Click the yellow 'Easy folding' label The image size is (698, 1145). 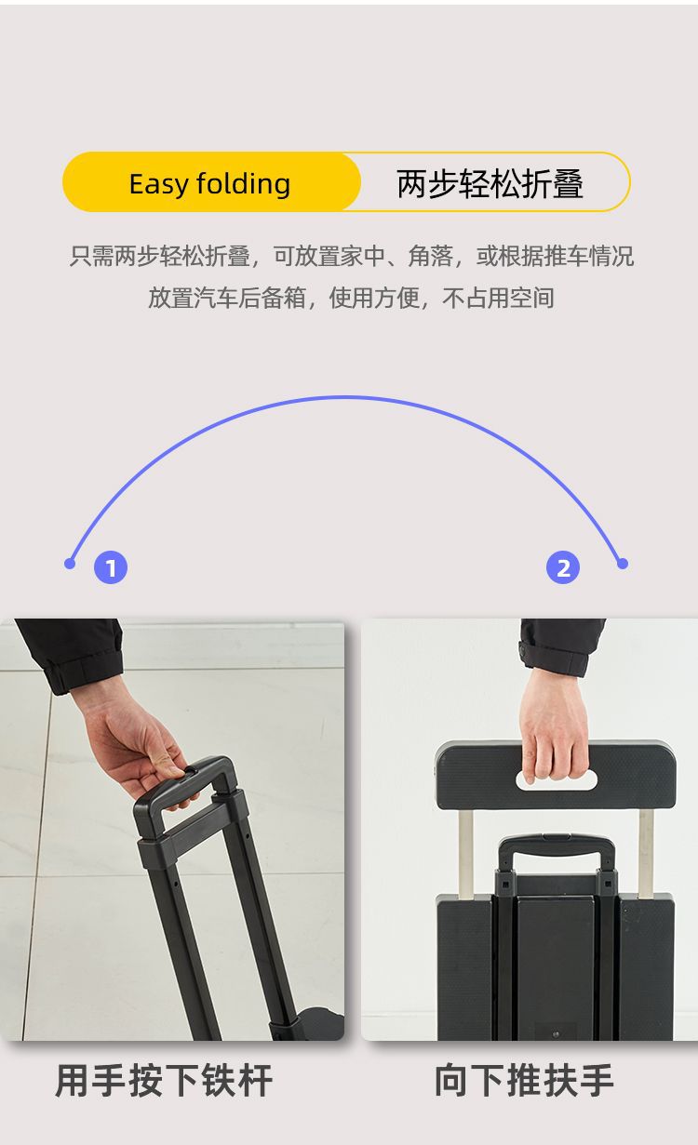tap(210, 183)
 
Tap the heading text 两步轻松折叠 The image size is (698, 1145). tap(490, 183)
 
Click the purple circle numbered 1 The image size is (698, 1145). tap(111, 567)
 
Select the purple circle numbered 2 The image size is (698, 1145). tap(563, 567)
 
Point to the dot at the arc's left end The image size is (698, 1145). tap(70, 564)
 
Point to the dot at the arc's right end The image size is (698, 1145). tap(623, 564)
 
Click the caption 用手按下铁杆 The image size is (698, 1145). tap(164, 1081)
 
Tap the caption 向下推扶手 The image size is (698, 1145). tap(524, 1081)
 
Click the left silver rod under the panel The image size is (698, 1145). tap(465, 851)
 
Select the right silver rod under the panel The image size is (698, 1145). tap(646, 851)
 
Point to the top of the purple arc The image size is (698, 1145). tap(345, 398)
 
